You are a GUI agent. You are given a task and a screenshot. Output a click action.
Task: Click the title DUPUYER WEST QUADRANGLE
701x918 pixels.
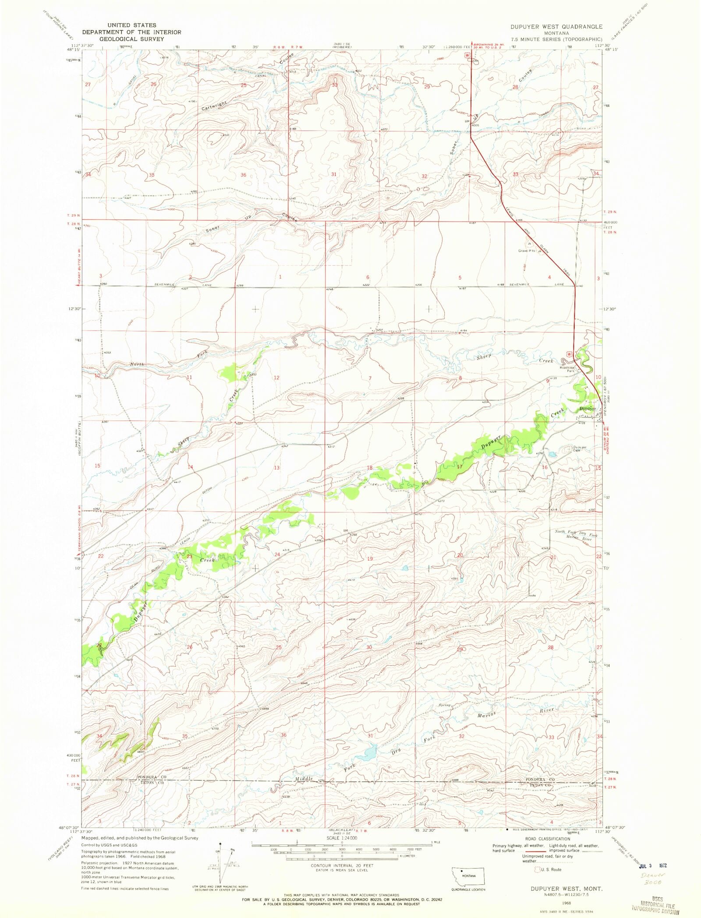pos(556,27)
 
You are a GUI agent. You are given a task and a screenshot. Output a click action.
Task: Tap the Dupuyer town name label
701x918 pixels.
pos(587,409)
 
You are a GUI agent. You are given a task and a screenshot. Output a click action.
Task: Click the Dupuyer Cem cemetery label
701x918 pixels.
pos(579,449)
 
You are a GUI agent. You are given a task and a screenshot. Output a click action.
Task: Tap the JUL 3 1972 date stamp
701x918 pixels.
pos(653,866)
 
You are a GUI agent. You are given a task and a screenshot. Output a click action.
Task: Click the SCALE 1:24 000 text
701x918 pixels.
pos(341,838)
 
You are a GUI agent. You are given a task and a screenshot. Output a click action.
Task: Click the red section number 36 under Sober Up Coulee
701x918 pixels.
pos(244,175)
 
